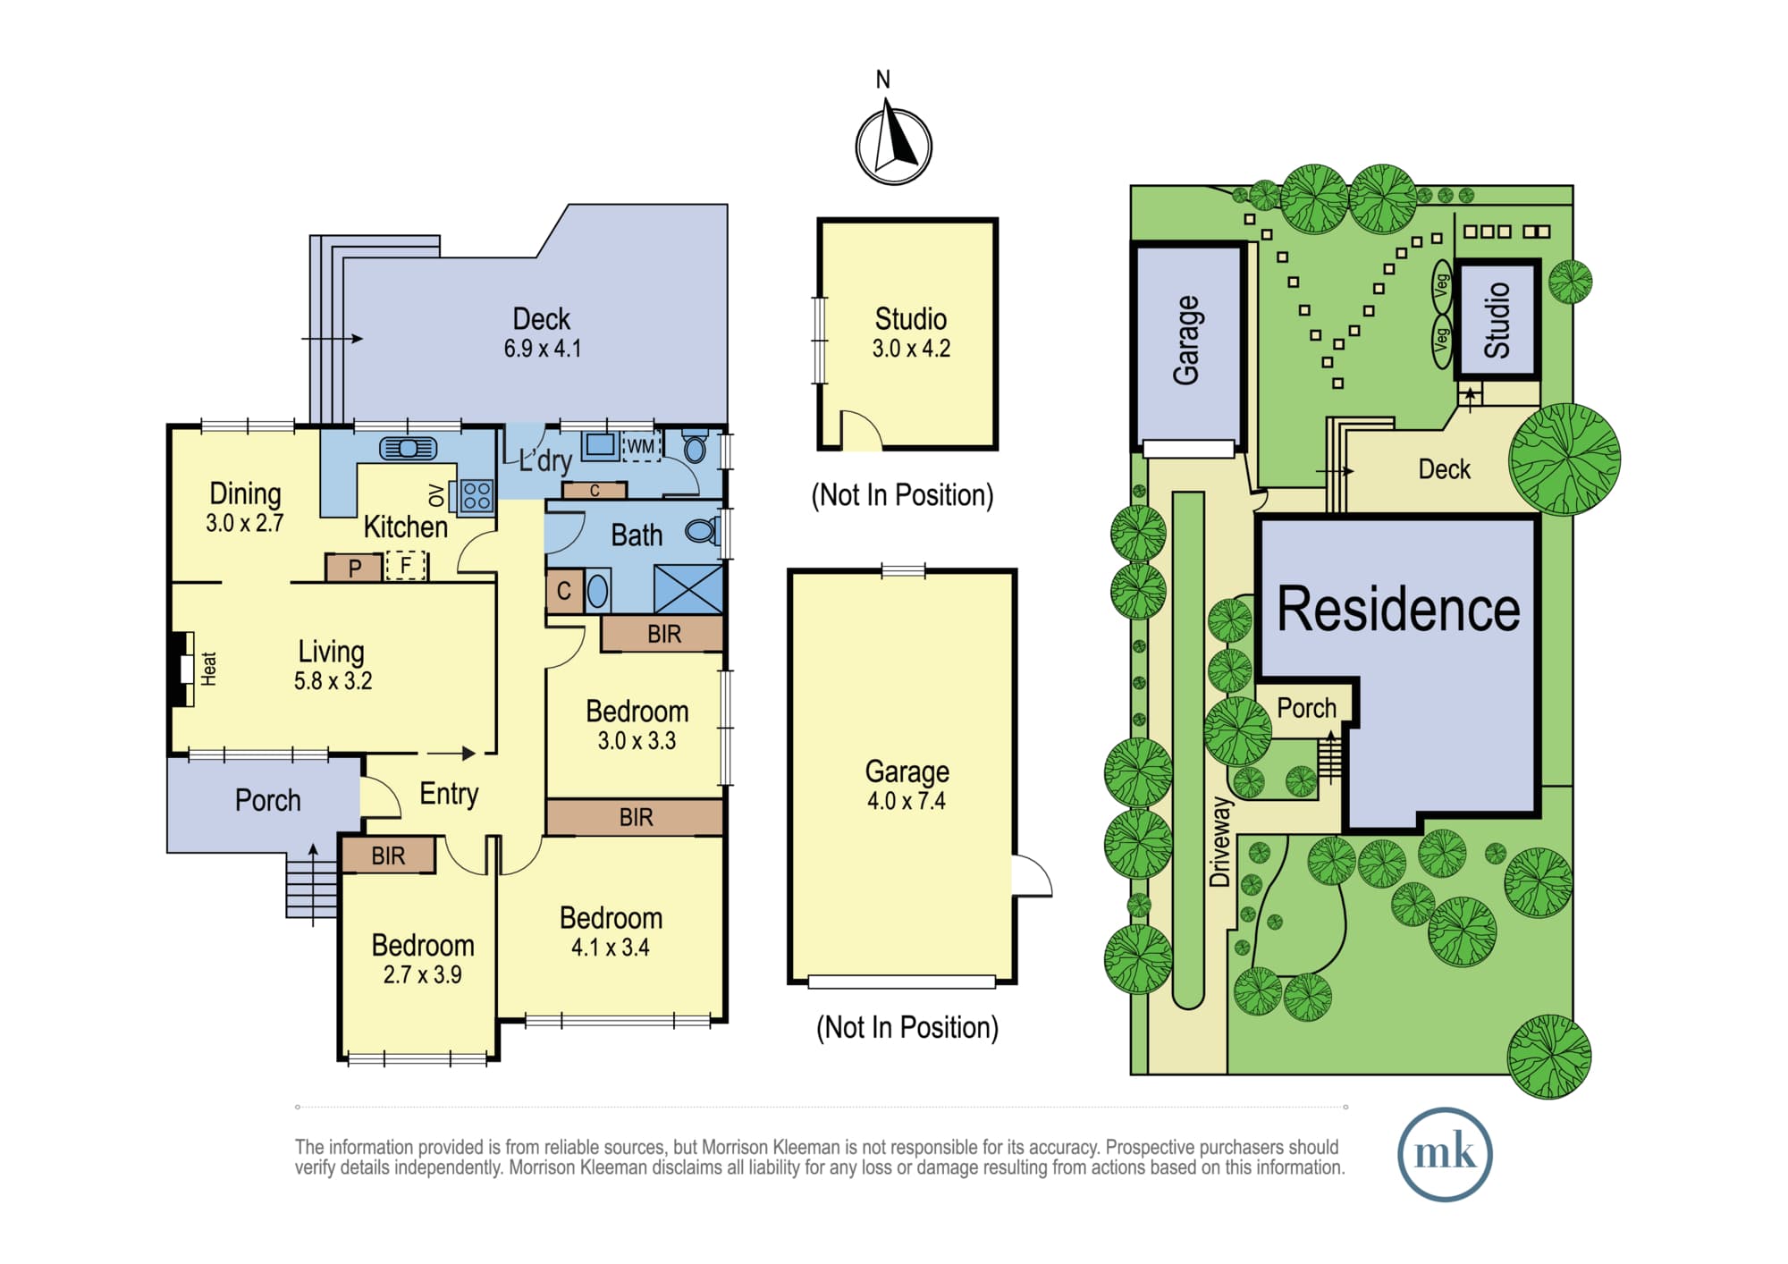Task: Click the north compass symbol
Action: pos(893,143)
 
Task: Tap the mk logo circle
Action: pos(1445,1154)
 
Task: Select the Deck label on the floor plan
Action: pos(541,319)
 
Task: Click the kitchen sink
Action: pos(409,448)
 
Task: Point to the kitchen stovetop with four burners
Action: pos(477,496)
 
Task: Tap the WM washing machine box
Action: pos(641,445)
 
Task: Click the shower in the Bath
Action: pos(688,588)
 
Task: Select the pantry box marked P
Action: pos(354,568)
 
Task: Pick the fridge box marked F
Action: pos(406,566)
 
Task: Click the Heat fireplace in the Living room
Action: pos(183,669)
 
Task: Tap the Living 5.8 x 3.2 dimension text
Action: pos(333,681)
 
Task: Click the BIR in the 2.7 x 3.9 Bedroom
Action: pos(388,855)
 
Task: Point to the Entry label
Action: pos(449,794)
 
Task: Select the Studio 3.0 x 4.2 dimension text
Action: pos(911,349)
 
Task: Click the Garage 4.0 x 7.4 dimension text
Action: pos(907,801)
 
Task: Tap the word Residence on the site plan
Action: pos(1398,609)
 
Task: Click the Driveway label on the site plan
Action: pos(1220,842)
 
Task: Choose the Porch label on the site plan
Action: pos(1306,708)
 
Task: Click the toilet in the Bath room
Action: pos(703,532)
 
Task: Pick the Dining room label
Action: pos(245,493)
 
